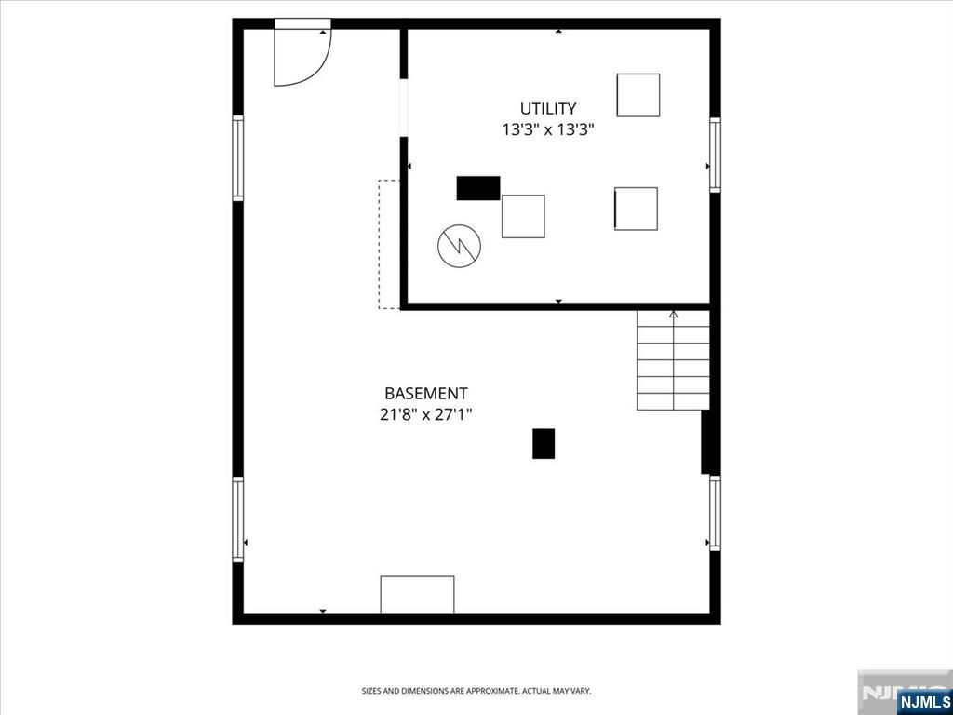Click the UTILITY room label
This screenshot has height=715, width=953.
click(x=547, y=109)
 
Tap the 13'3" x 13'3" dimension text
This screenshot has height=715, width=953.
click(x=547, y=129)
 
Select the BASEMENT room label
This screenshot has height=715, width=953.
click(x=426, y=394)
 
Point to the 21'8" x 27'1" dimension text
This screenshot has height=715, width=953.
click(x=426, y=414)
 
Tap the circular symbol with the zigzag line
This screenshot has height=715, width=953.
click(x=460, y=246)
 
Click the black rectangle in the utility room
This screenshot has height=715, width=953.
click(x=478, y=188)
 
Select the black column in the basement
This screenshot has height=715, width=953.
click(x=544, y=444)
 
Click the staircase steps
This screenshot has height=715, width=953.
click(x=673, y=360)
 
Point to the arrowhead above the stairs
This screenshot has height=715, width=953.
click(x=674, y=315)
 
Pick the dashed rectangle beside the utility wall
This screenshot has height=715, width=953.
click(x=389, y=244)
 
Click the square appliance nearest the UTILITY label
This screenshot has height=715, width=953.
click(x=638, y=95)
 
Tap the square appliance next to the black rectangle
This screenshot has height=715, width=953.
click(x=523, y=216)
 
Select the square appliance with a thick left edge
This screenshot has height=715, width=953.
click(x=636, y=209)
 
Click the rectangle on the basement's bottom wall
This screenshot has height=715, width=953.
click(x=417, y=595)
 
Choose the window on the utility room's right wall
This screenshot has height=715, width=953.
click(x=716, y=155)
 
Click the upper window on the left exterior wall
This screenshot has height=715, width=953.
click(x=237, y=157)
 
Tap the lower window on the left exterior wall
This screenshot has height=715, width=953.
click(x=237, y=519)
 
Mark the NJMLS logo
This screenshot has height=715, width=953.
click(x=923, y=702)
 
